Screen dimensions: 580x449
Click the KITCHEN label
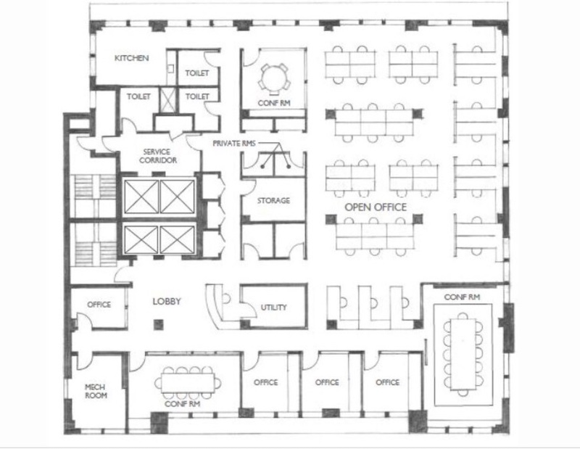(x=132, y=58)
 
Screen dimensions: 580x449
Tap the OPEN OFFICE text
(x=376, y=207)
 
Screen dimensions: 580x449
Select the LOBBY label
(x=167, y=301)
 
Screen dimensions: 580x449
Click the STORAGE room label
(x=273, y=201)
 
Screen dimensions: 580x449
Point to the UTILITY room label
(x=274, y=308)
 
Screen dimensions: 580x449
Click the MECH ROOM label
(x=96, y=391)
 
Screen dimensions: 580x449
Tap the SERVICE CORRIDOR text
(x=158, y=156)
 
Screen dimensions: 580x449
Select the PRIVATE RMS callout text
(x=233, y=143)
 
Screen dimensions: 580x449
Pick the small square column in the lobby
(x=158, y=325)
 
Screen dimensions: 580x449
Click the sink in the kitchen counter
(x=170, y=68)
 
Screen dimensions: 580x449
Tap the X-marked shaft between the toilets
(x=167, y=99)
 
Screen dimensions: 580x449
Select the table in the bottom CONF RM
(x=188, y=383)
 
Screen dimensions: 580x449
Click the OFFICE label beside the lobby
(x=99, y=305)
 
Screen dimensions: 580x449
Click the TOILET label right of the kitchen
(x=196, y=73)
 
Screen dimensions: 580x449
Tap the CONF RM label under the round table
(x=274, y=103)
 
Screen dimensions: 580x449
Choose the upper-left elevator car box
(x=141, y=197)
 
